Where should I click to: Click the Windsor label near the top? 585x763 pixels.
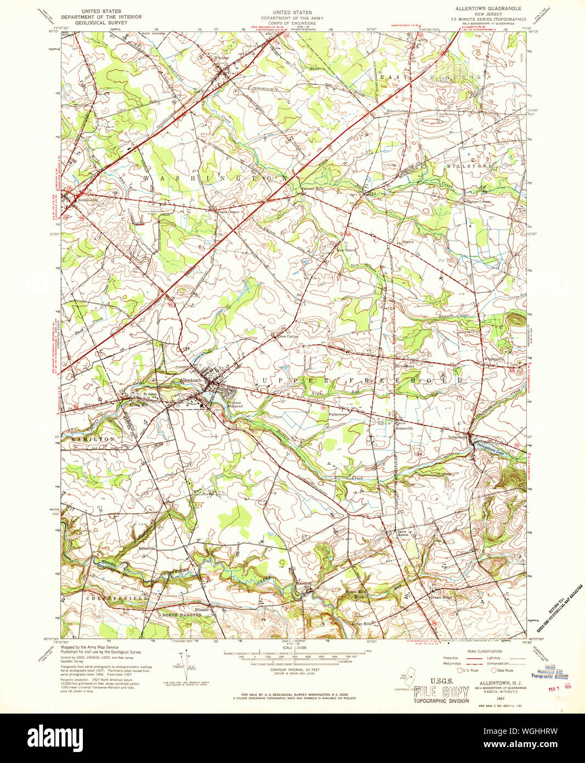(222, 58)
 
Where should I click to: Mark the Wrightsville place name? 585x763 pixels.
(494, 359)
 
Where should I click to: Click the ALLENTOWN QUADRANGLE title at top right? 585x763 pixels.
(488, 9)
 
